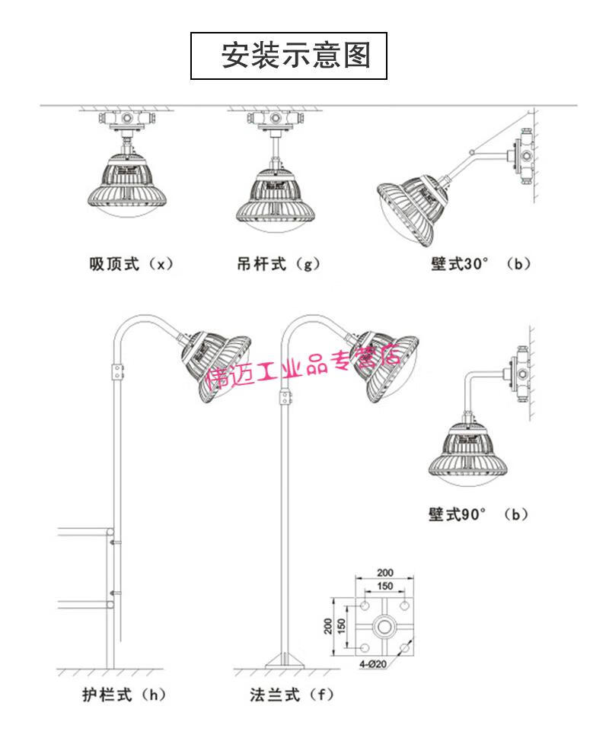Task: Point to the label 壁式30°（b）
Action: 478,265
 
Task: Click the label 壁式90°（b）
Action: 478,514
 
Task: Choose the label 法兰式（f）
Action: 292,694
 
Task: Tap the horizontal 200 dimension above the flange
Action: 385,572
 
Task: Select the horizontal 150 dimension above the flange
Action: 385,587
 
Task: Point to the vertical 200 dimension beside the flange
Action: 327,625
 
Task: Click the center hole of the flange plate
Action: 385,626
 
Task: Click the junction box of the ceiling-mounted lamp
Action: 126,119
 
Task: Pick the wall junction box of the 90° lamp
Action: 521,369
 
